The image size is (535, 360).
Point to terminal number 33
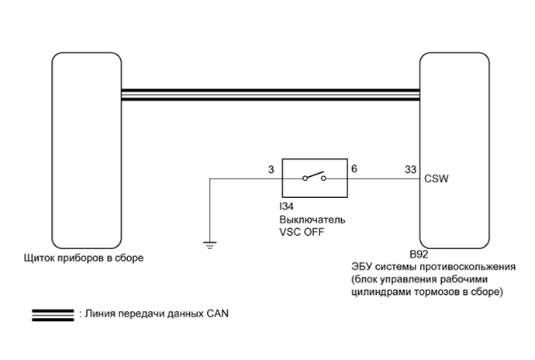[x=410, y=168]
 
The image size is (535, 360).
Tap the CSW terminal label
[x=436, y=178]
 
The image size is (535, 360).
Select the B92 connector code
[x=419, y=254]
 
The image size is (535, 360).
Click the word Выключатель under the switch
[x=312, y=220]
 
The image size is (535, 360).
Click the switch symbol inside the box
[x=314, y=178]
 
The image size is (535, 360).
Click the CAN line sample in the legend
[x=51, y=316]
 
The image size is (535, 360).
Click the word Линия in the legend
[x=98, y=315]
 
